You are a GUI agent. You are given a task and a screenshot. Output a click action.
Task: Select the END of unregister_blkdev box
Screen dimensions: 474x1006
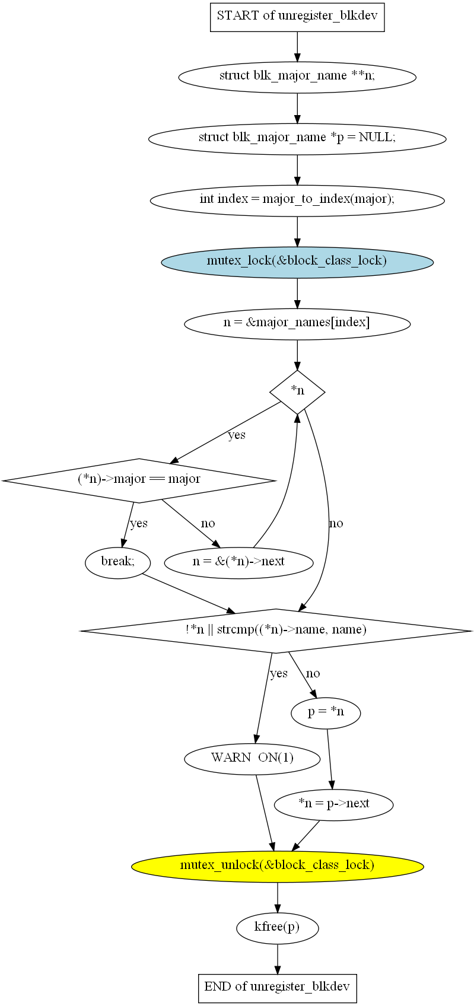[277, 988]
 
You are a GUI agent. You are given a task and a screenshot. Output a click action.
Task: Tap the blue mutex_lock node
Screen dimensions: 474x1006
[297, 262]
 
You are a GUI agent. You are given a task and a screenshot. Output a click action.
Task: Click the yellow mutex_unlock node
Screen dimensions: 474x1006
[277, 865]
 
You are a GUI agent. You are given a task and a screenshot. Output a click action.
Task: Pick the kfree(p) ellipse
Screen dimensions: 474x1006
[277, 927]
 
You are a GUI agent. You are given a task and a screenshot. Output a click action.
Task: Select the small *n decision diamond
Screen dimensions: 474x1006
[297, 391]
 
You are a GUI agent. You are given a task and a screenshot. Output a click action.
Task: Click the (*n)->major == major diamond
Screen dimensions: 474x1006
[139, 480]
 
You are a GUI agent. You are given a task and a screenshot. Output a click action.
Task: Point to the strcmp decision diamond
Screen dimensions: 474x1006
[276, 631]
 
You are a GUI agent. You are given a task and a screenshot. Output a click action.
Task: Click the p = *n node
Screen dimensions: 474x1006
[326, 713]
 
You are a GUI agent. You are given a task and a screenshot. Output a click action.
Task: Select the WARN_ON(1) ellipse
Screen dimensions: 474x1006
[252, 759]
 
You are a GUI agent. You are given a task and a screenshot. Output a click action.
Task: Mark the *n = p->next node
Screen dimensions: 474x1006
[333, 804]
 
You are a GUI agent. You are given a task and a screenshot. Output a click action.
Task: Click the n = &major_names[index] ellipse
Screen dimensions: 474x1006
[297, 323]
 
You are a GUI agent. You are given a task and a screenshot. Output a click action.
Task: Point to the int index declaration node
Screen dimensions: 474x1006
[297, 200]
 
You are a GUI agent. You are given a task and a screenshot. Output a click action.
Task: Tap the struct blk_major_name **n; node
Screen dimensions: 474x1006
[297, 77]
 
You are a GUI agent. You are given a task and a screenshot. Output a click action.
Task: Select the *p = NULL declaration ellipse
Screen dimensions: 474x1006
[297, 138]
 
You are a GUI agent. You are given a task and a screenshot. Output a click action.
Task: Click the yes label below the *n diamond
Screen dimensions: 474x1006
[236, 435]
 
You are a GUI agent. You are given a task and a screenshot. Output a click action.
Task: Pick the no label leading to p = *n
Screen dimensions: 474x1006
[313, 673]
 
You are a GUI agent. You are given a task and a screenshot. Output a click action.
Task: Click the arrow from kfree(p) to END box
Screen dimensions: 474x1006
[277, 959]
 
